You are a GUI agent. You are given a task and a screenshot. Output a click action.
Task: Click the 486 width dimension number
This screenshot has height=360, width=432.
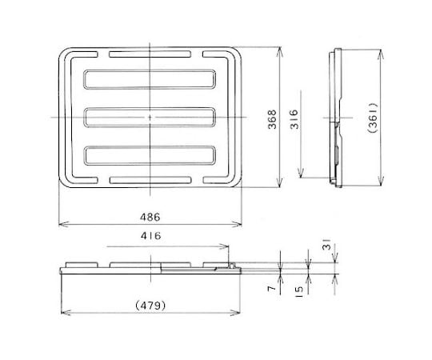150,217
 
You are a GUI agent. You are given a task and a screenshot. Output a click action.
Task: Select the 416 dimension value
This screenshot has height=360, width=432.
150,237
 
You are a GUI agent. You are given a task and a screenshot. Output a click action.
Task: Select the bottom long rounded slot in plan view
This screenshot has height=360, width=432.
150,156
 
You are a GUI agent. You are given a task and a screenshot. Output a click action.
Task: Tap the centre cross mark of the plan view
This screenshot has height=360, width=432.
150,118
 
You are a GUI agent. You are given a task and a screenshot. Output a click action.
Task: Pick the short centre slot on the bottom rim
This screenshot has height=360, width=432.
150,179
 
